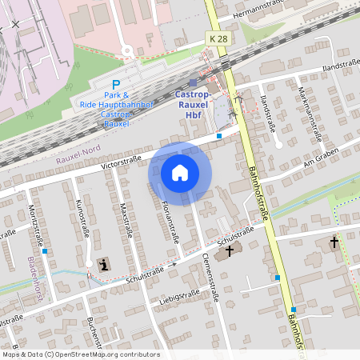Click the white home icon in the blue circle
pyautogui.click(x=180, y=172)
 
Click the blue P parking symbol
pyautogui.click(x=116, y=85)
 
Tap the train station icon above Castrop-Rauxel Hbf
pyautogui.click(x=193, y=82)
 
